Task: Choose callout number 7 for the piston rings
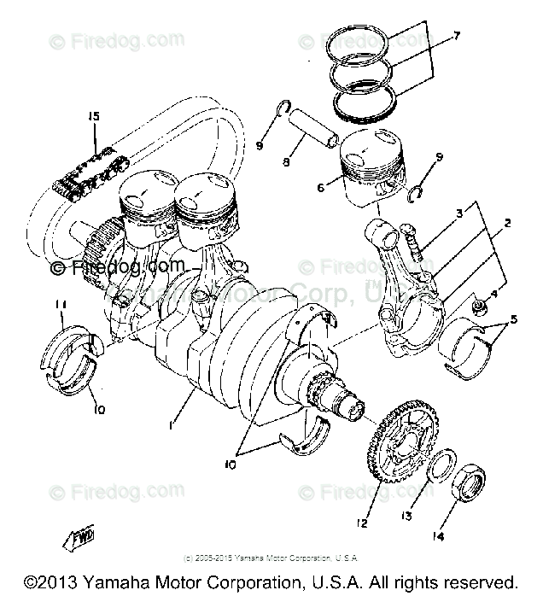(x=457, y=36)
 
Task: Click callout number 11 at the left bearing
(x=59, y=305)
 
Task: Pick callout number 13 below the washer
(x=407, y=516)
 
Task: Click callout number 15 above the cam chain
(x=93, y=115)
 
